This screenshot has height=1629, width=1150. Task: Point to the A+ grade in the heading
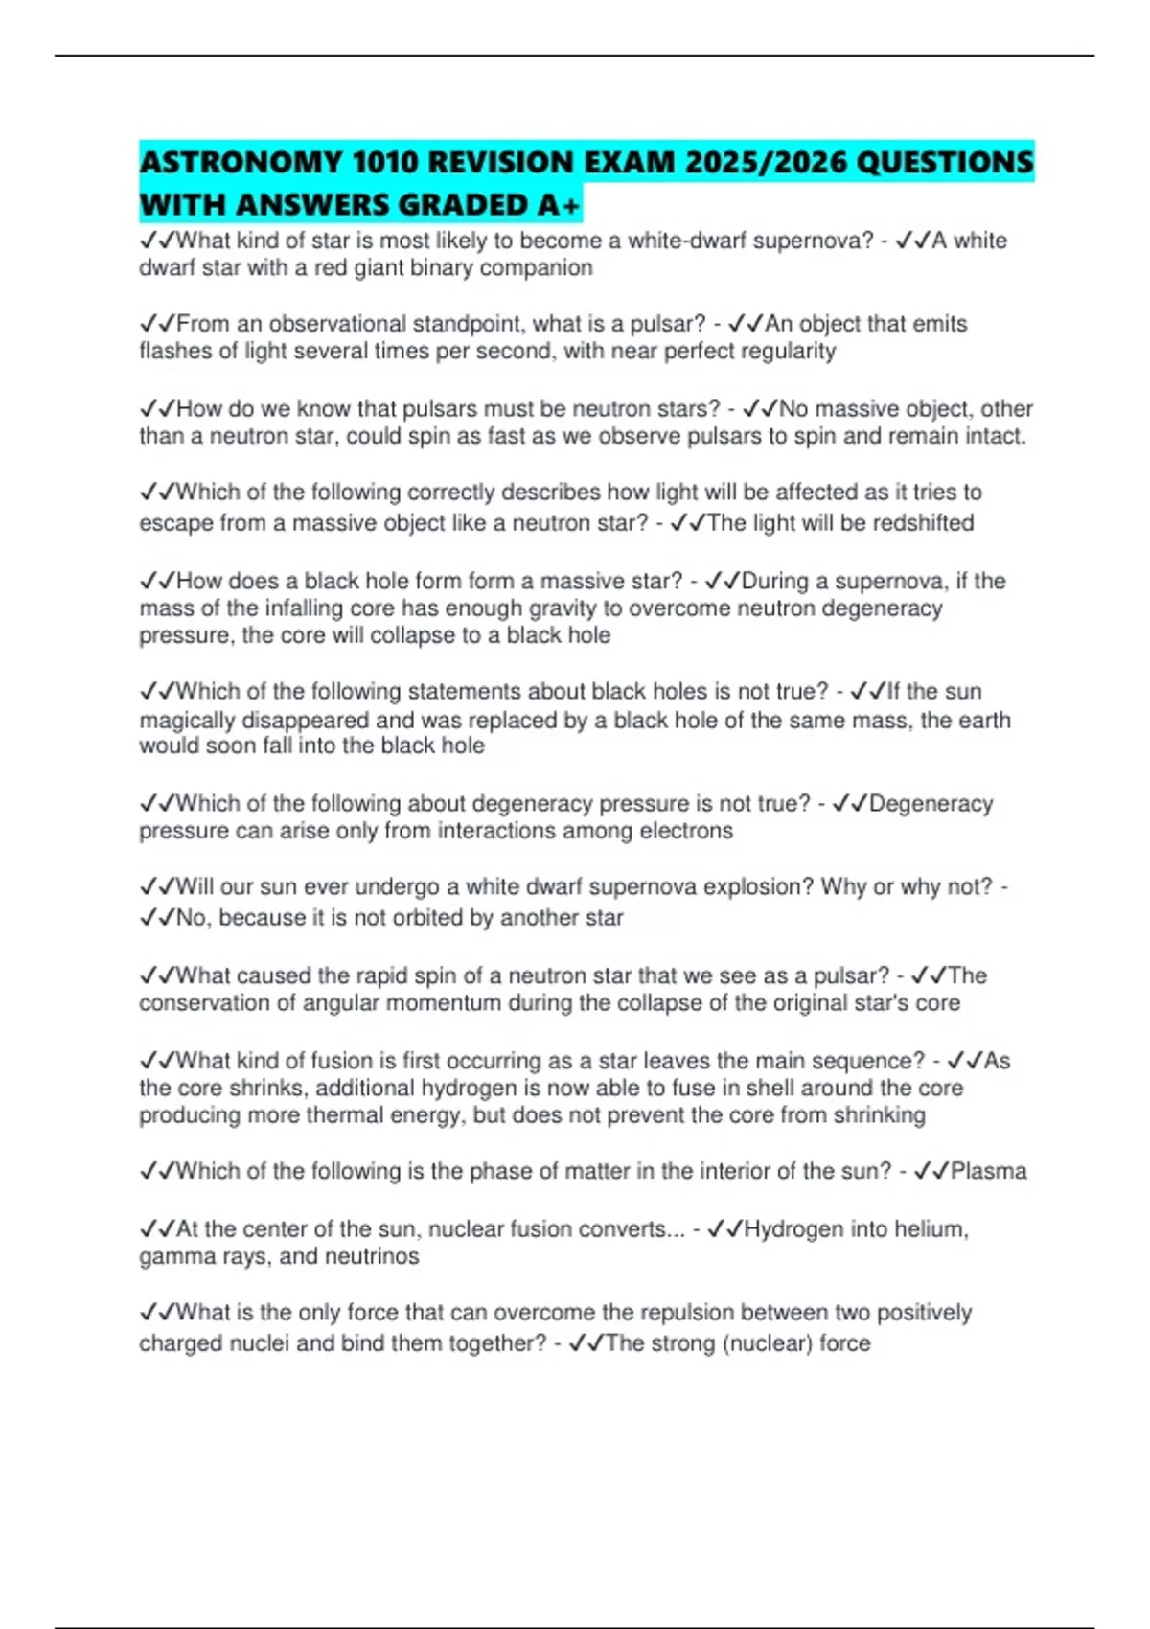[x=559, y=205]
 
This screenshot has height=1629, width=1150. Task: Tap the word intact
[x=997, y=437]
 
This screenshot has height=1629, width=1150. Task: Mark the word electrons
[x=686, y=831]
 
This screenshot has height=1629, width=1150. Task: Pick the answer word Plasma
[x=988, y=1171]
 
